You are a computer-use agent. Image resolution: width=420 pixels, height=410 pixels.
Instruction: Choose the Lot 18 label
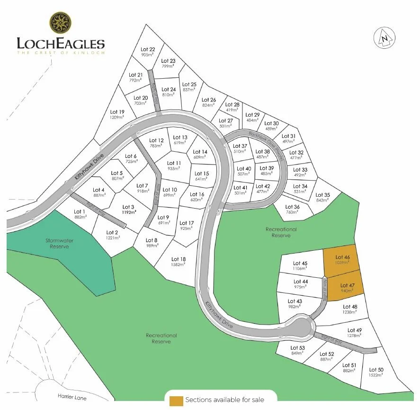(179, 259)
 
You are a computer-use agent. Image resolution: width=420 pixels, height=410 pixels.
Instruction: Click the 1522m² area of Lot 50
(376, 375)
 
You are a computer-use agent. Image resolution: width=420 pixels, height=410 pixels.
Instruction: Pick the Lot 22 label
(148, 49)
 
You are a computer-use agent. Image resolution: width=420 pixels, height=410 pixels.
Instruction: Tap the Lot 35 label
(322, 195)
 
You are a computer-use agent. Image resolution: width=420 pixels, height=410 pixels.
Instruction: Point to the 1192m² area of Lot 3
(129, 212)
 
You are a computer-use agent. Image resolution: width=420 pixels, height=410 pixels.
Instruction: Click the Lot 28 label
(232, 105)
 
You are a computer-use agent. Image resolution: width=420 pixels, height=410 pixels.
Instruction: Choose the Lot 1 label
(80, 211)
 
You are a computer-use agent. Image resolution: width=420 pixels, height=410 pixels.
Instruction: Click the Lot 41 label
(241, 187)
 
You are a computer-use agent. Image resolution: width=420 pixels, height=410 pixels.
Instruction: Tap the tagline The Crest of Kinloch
(61, 53)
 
